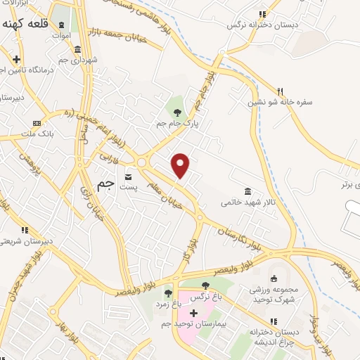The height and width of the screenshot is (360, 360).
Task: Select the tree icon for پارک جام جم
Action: click(177, 112)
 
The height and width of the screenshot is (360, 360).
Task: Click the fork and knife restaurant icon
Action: click(280, 91)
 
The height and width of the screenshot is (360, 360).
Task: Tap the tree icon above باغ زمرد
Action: click(167, 293)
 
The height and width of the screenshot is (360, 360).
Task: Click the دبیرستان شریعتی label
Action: click(26, 241)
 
